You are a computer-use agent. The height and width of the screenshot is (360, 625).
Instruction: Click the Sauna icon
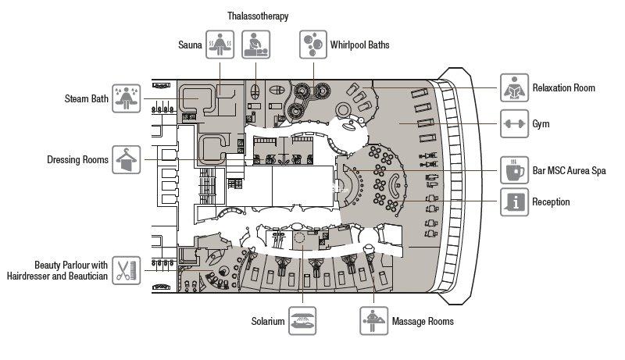(220, 45)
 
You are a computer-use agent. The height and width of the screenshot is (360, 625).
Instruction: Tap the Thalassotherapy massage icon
(256, 45)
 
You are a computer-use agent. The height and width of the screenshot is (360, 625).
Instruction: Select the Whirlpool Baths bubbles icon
(314, 45)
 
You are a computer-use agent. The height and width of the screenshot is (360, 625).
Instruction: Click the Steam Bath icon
(127, 99)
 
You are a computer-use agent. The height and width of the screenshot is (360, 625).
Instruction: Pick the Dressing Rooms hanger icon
(127, 160)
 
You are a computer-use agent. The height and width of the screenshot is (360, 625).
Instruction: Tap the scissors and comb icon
(127, 271)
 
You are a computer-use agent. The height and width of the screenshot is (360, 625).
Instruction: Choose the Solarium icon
(303, 321)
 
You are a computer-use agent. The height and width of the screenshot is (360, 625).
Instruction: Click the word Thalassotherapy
(258, 16)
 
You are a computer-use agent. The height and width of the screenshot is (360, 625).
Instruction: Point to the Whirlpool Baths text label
(359, 45)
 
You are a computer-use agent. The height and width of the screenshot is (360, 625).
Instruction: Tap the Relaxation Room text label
(563, 88)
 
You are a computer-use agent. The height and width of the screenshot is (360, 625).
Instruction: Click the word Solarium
(267, 321)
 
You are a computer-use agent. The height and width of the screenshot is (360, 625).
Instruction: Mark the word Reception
(551, 202)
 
